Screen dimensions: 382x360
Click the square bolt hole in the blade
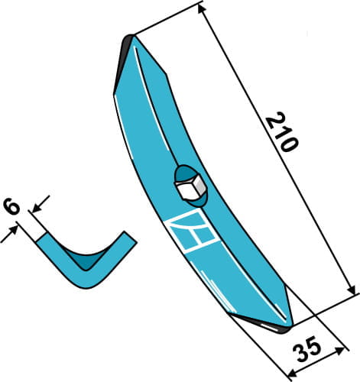coord(189,185)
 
